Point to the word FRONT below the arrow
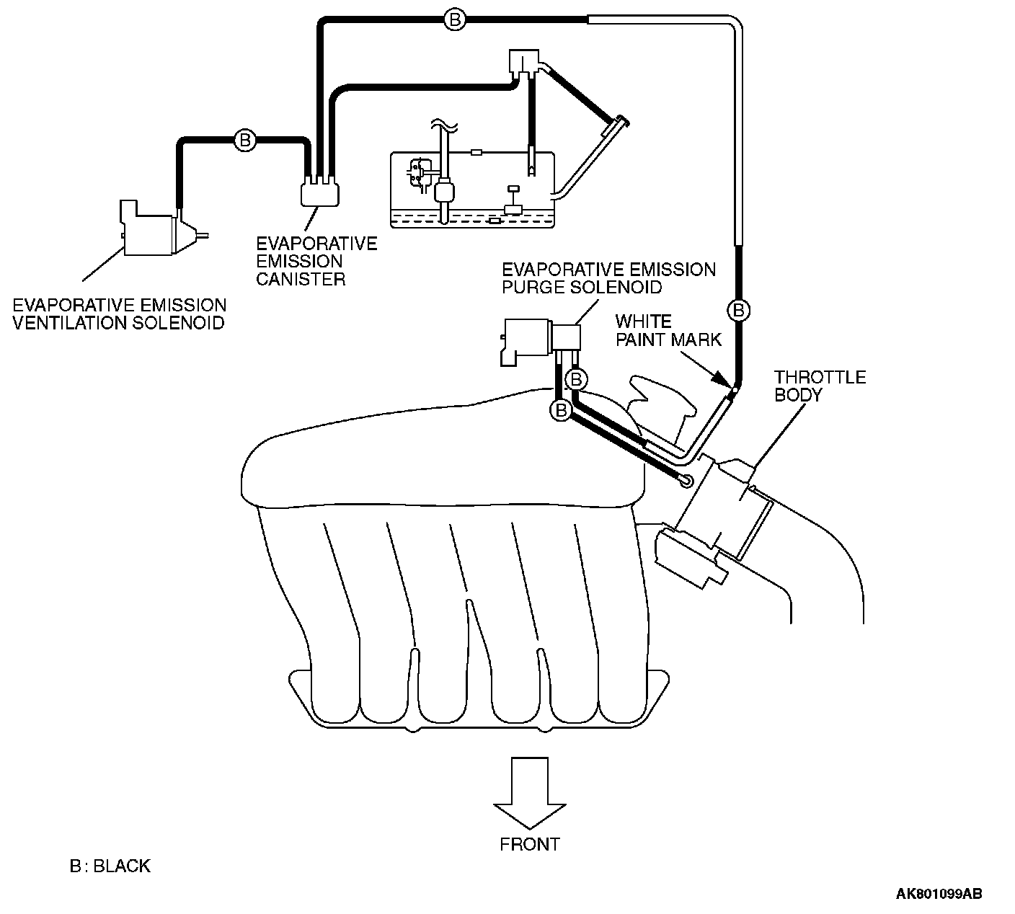pyautogui.click(x=529, y=844)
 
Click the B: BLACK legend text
pyautogui.click(x=110, y=866)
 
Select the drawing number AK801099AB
pyautogui.click(x=938, y=895)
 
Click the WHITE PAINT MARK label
pyautogui.click(x=668, y=330)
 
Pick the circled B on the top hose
pyautogui.click(x=454, y=20)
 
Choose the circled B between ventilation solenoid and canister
pyautogui.click(x=244, y=140)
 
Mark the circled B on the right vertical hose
pyautogui.click(x=738, y=311)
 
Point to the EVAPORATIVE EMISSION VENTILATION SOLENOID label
pyautogui.click(x=119, y=314)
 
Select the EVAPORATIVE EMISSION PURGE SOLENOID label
pyautogui.click(x=608, y=278)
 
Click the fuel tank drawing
pyautogui.click(x=472, y=190)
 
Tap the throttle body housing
pyautogui.click(x=728, y=505)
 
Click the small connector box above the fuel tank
pyautogui.click(x=524, y=61)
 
